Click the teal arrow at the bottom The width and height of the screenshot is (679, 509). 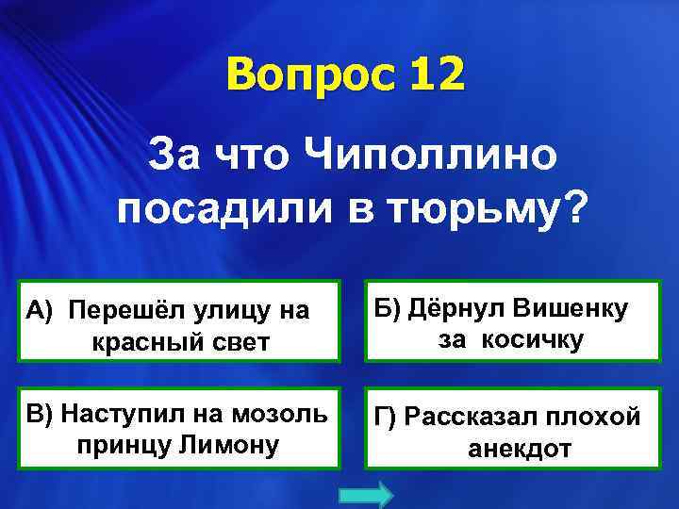(363, 495)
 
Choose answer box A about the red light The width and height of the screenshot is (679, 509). (181, 321)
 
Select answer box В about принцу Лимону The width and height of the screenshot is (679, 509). (181, 427)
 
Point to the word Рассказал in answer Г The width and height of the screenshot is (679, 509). (464, 417)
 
